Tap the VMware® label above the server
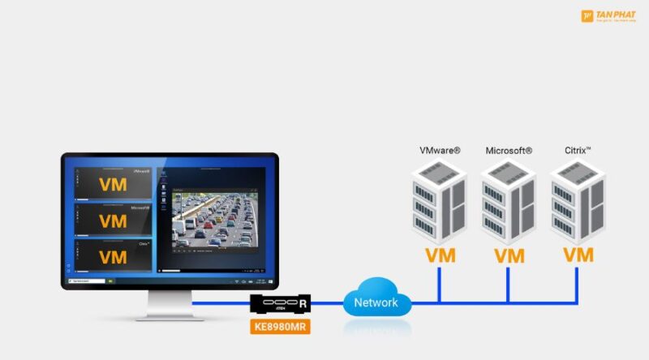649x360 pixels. pyautogui.click(x=440, y=151)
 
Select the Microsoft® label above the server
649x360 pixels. pyautogui.click(x=509, y=151)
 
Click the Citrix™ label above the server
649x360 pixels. pyautogui.click(x=578, y=151)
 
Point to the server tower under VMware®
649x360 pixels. pyautogui.click(x=438, y=201)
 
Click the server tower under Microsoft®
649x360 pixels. pyautogui.click(x=508, y=201)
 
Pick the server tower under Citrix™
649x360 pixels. pyautogui.click(x=577, y=201)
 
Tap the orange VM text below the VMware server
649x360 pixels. pyautogui.click(x=440, y=255)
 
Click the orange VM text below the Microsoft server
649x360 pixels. pyautogui.click(x=509, y=255)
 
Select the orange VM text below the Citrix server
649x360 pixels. pyautogui.click(x=578, y=255)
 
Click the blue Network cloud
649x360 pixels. pyautogui.click(x=376, y=302)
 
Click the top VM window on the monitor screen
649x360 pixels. pyautogui.click(x=113, y=184)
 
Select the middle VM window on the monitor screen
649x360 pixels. pyautogui.click(x=113, y=220)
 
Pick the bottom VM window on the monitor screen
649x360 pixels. pyautogui.click(x=113, y=256)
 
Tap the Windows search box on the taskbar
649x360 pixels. pyautogui.click(x=88, y=281)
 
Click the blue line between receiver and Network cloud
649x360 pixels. pyautogui.click(x=328, y=303)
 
